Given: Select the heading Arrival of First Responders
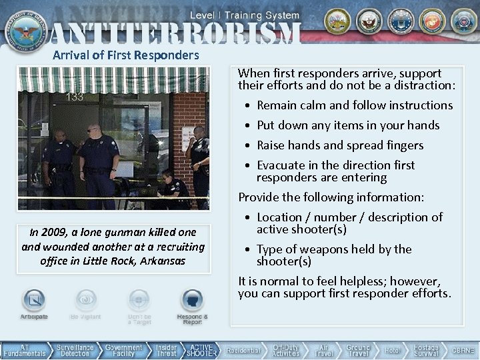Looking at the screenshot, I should (125, 55).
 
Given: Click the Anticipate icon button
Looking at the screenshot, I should (34, 300).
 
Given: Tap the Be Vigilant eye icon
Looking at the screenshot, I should (85, 300).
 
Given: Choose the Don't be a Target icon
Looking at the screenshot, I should (139, 300).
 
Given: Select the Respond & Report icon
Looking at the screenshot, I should (192, 300).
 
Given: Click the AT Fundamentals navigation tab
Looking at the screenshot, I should (25, 350).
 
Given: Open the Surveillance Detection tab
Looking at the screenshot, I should (75, 350).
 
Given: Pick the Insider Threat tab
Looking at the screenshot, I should (166, 350).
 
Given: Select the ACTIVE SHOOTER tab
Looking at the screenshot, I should (201, 350).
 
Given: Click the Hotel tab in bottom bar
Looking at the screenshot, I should (393, 350).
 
